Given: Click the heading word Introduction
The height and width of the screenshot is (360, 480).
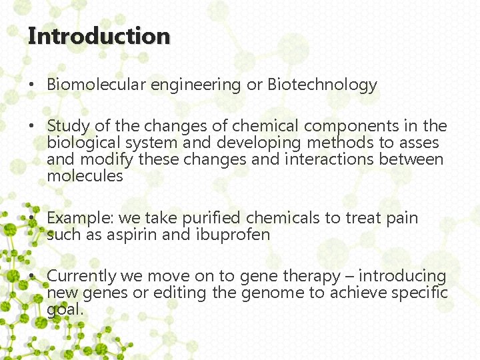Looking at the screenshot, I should [99, 36].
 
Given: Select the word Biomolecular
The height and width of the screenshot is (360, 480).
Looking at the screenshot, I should [97, 85].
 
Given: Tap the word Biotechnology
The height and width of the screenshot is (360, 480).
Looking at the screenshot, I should [322, 85].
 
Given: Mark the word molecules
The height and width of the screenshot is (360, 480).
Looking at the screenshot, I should [85, 176].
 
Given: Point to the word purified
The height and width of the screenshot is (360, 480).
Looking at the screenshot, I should [210, 218].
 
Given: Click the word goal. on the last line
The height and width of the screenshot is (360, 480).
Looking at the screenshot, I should [65, 310].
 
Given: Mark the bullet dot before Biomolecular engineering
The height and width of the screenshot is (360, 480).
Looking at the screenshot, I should [31, 85].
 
